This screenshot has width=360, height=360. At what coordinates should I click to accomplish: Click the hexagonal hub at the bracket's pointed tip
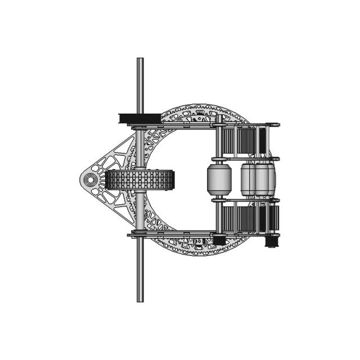click(x=89, y=180)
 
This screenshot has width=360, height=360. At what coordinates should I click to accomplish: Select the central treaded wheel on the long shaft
click(x=140, y=180)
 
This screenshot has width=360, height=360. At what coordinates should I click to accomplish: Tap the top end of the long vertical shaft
click(x=140, y=60)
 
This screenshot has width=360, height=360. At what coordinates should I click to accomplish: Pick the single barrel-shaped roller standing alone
click(x=219, y=179)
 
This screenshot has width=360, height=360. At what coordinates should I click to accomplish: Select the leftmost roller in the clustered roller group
click(x=248, y=179)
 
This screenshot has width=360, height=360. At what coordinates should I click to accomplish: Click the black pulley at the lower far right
click(x=271, y=242)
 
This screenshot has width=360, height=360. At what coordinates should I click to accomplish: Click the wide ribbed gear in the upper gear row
click(x=246, y=141)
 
